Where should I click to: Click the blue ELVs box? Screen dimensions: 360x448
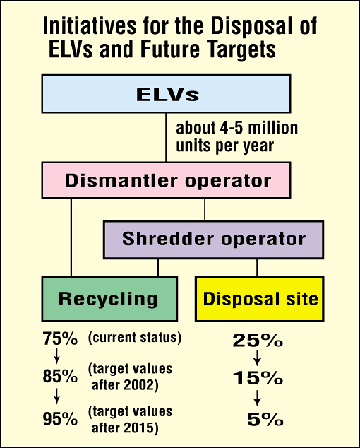[x=166, y=94]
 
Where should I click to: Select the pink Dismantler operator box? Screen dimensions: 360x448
[x=166, y=180]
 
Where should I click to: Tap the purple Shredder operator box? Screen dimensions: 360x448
[x=213, y=240]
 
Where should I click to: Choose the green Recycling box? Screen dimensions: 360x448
[x=109, y=299]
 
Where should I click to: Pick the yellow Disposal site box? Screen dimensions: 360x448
[x=260, y=299]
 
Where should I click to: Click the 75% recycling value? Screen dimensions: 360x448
[x=60, y=339]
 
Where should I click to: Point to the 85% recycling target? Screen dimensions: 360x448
[x=60, y=376]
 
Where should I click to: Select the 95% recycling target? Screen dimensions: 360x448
[x=60, y=419]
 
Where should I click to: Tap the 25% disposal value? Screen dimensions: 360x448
[x=258, y=341]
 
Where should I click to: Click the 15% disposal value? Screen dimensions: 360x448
[x=258, y=378]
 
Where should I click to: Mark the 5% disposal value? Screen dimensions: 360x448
[x=265, y=420]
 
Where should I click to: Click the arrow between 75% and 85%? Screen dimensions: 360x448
[x=56, y=355]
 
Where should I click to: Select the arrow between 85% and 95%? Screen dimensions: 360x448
[x=56, y=396]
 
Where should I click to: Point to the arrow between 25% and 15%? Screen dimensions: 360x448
[x=257, y=358]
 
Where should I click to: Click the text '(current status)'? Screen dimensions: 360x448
[x=135, y=338]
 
